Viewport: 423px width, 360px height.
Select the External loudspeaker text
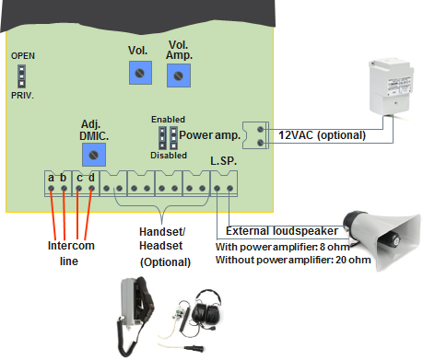[x=276, y=230]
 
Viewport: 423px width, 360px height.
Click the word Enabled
[x=168, y=120]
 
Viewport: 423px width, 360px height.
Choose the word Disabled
[x=168, y=156]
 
